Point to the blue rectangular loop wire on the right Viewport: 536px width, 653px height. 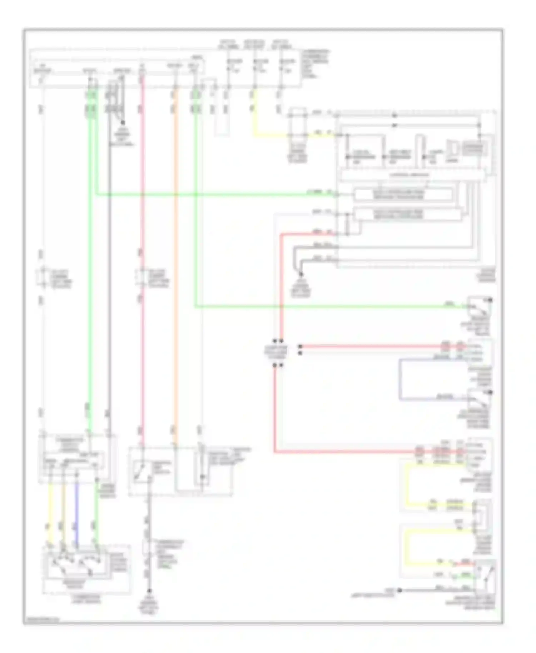point(400,379)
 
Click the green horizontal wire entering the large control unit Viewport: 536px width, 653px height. point(214,195)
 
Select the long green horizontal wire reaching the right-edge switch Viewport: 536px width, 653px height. point(322,306)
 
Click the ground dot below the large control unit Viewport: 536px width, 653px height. point(301,274)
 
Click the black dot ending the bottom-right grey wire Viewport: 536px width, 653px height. point(400,590)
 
